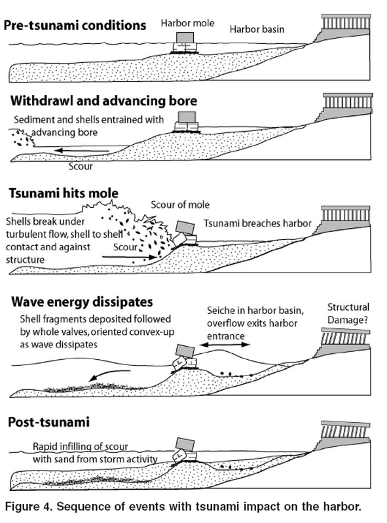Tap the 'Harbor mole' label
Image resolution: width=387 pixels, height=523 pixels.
pyautogui.click(x=188, y=24)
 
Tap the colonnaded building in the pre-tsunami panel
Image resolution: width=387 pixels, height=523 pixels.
pyautogui.click(x=342, y=29)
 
